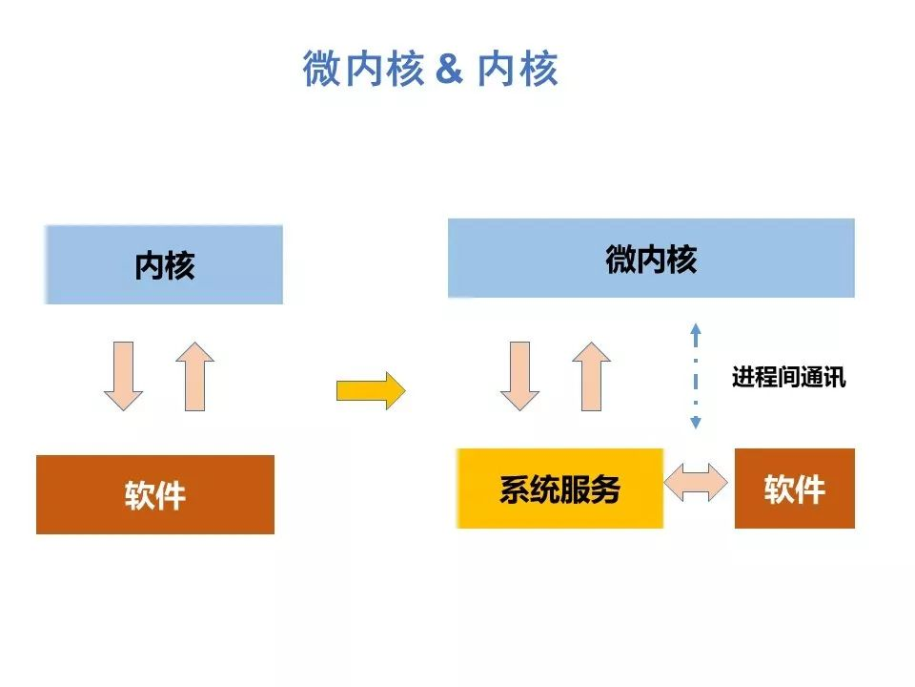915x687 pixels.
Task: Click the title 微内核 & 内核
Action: point(430,69)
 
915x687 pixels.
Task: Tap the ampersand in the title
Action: point(449,69)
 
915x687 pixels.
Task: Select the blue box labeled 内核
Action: point(164,264)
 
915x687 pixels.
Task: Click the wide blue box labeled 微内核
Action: point(651,259)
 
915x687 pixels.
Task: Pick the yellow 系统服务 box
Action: point(559,489)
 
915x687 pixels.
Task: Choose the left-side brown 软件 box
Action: point(155,495)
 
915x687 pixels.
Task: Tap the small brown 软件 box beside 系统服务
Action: point(795,489)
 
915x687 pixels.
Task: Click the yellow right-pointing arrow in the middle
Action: point(371,390)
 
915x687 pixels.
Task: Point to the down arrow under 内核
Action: point(123,376)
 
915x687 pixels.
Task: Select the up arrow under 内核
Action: point(194,376)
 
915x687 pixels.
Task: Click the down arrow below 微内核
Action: point(520,376)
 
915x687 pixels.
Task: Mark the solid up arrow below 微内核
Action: point(592,376)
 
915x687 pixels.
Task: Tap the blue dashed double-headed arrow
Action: point(696,376)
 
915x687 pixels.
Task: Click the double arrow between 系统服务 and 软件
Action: point(696,483)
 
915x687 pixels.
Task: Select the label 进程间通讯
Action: point(789,377)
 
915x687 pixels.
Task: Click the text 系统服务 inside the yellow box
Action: point(559,489)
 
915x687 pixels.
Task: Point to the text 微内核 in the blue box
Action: point(651,259)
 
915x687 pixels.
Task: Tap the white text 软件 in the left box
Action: point(155,495)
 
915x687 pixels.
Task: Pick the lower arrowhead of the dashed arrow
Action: point(696,423)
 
